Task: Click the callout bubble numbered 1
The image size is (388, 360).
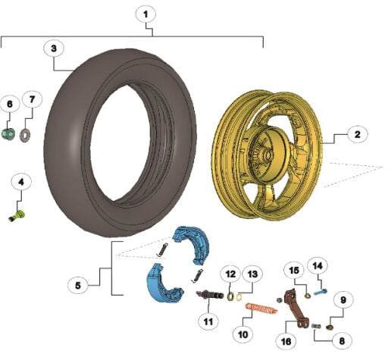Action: point(145,14)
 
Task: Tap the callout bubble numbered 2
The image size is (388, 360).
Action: point(357,134)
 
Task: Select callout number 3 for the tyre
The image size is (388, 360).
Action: point(54,49)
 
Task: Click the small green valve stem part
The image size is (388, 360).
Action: point(17,216)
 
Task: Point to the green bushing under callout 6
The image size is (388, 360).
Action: point(8,134)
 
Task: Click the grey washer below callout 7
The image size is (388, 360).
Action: point(25,135)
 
